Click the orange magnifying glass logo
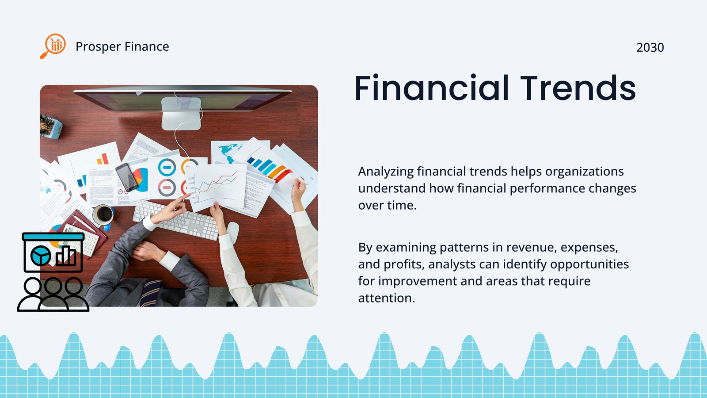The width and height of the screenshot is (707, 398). (53, 46)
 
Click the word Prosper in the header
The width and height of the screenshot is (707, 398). (98, 47)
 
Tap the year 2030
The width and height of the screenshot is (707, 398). (650, 47)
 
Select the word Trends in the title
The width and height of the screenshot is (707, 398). (578, 88)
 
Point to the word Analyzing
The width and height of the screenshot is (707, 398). (386, 172)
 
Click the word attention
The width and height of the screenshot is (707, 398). (386, 298)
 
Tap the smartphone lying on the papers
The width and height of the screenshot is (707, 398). (126, 177)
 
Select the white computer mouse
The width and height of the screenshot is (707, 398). (233, 232)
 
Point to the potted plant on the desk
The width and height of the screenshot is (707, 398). (50, 126)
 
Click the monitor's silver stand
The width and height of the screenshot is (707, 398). (181, 114)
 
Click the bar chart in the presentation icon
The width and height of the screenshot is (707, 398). (66, 256)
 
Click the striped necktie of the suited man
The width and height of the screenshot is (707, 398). (150, 293)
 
